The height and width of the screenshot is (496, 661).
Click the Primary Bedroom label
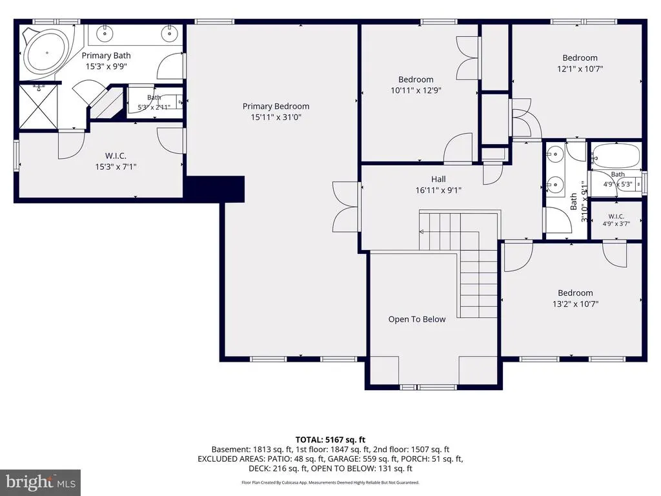(x=276, y=107)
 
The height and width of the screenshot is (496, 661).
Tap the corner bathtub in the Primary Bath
(x=46, y=53)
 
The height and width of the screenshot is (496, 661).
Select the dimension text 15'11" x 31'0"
(x=276, y=118)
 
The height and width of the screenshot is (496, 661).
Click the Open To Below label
(x=416, y=319)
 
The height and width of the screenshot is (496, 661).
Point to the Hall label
(x=438, y=180)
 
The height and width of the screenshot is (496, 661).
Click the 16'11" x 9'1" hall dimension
(x=438, y=191)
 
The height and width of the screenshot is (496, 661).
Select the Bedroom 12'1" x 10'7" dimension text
(x=580, y=68)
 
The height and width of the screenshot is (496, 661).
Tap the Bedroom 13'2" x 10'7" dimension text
(x=575, y=304)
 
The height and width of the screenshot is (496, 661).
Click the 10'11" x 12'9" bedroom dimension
(x=416, y=90)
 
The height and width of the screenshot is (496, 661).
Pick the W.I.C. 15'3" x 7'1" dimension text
(x=116, y=167)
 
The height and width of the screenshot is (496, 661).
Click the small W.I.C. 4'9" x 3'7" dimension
(x=616, y=224)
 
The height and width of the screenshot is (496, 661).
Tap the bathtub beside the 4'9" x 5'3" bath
(x=615, y=156)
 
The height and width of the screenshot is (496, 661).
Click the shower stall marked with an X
(x=38, y=107)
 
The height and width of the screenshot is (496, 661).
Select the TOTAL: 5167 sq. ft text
(x=330, y=440)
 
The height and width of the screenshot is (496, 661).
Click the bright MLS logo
(x=41, y=482)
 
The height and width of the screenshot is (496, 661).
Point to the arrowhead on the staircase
(x=421, y=232)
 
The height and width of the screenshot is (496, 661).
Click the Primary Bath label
(x=106, y=56)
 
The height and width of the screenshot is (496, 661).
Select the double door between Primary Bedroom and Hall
(x=347, y=207)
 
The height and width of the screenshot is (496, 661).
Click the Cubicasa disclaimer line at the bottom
(x=330, y=482)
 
